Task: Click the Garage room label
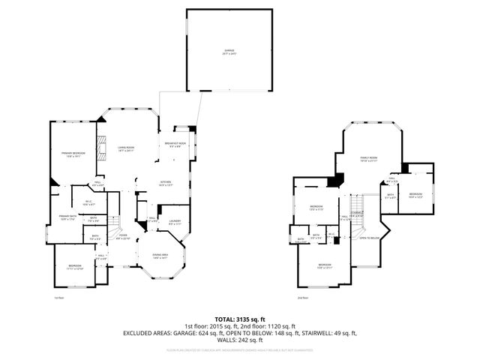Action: click(x=229, y=52)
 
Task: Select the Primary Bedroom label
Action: click(x=73, y=154)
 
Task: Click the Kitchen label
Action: click(x=166, y=183)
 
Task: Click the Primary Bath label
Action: click(x=68, y=217)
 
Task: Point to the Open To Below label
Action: click(x=368, y=238)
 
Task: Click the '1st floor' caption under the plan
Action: click(x=59, y=298)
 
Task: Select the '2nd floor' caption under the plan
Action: click(x=303, y=298)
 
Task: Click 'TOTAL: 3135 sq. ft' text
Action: click(x=240, y=319)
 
